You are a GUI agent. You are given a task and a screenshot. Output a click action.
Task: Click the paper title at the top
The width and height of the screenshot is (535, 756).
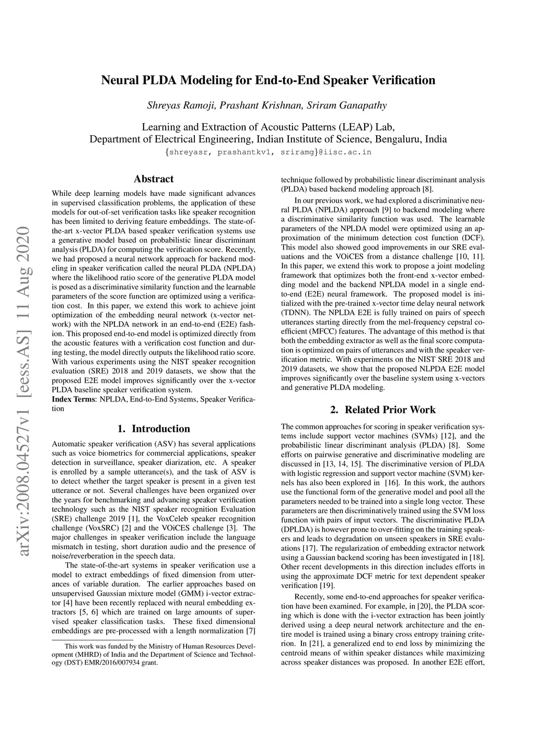pyautogui.click(x=267, y=80)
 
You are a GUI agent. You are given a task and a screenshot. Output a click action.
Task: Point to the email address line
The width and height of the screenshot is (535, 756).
pyautogui.click(x=267, y=152)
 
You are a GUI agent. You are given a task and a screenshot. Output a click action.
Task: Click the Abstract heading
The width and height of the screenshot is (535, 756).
pyautogui.click(x=154, y=179)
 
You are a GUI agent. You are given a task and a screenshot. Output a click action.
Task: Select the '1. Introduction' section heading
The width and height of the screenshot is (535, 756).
pyautogui.click(x=154, y=429)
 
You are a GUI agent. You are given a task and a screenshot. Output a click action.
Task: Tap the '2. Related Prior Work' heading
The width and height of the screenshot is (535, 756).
pyautogui.click(x=382, y=410)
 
